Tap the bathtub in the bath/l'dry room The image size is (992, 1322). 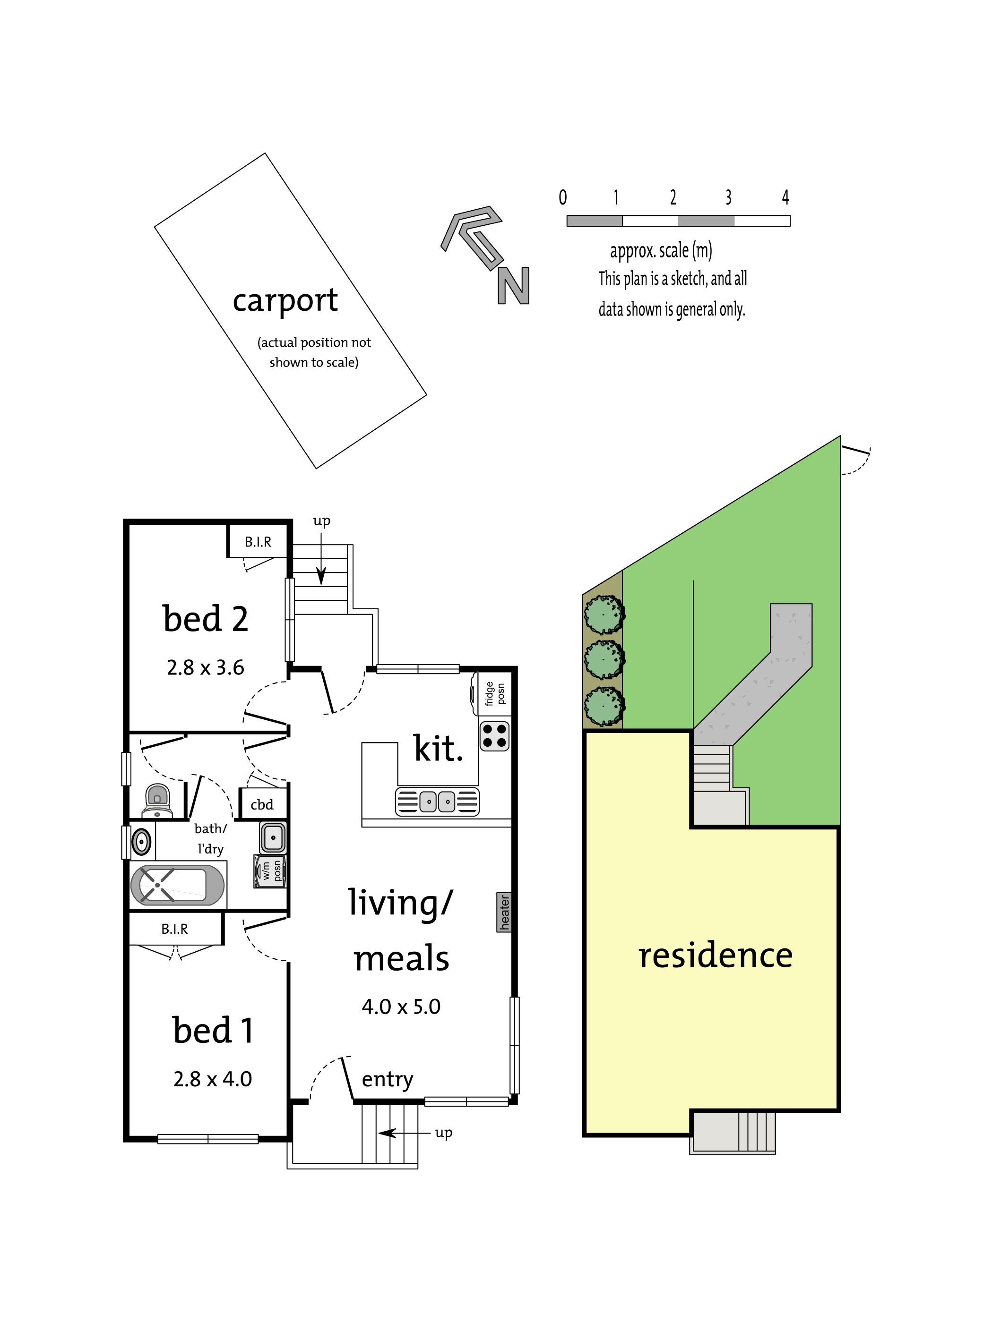tap(178, 885)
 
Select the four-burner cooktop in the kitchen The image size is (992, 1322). tap(494, 736)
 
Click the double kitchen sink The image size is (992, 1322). tap(438, 802)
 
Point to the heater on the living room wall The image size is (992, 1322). tap(504, 912)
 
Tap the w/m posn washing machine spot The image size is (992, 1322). tap(270, 871)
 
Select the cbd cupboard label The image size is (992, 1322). tap(262, 804)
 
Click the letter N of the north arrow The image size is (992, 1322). tap(514, 286)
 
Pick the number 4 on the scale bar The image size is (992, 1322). tap(785, 197)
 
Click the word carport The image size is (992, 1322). tap(285, 300)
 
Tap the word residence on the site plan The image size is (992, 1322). tap(715, 955)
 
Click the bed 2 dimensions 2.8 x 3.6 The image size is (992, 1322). tap(206, 667)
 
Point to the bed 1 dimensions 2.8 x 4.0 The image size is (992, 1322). tap(213, 1079)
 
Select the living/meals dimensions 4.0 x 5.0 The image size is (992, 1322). tap(401, 1007)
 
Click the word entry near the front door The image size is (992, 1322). tap(388, 1079)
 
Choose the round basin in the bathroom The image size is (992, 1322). tap(142, 842)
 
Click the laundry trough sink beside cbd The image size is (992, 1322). tap(273, 837)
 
